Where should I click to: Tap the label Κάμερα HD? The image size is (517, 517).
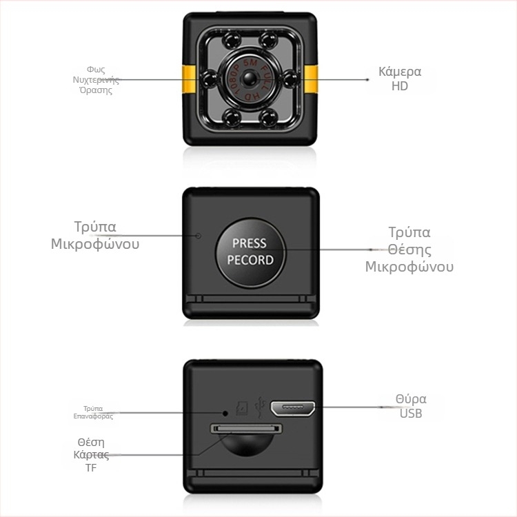pos(400,79)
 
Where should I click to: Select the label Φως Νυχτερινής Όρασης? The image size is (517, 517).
pos(96,80)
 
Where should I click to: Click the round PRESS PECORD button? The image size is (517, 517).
pos(250,252)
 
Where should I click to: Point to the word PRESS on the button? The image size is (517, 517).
pos(249,243)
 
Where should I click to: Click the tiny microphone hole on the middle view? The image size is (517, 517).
pos(199,236)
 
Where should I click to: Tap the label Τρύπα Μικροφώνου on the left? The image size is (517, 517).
pos(95,235)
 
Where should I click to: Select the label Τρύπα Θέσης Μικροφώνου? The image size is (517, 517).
pos(409,250)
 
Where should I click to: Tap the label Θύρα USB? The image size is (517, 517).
pos(411,406)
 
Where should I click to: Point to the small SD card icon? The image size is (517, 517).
pos(241,409)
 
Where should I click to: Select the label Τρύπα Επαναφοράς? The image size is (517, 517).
pos(93,412)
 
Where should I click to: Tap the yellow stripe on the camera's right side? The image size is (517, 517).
pos(311,79)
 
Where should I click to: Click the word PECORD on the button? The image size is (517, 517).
pos(250,261)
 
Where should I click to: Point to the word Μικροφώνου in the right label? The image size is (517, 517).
pos(409,267)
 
